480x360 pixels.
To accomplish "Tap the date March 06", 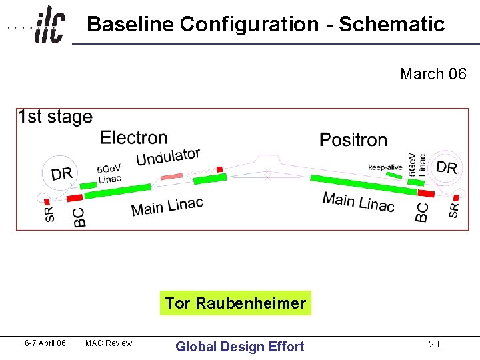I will pyautogui.click(x=433, y=74).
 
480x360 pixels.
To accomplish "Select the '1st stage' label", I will pyautogui.click(x=55, y=117).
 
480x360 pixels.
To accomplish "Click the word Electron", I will pyautogui.click(x=133, y=138).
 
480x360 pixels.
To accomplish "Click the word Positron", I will pyautogui.click(x=353, y=140).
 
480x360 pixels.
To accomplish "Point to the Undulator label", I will pyautogui.click(x=168, y=157).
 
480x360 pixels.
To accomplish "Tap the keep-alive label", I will pyautogui.click(x=385, y=167).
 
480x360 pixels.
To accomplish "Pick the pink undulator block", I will pyautogui.click(x=171, y=178).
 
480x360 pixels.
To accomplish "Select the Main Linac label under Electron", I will pyautogui.click(x=167, y=207).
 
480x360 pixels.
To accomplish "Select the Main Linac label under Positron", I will pyautogui.click(x=358, y=201).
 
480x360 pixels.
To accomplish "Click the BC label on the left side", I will pyautogui.click(x=79, y=217).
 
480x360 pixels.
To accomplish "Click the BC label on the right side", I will pyautogui.click(x=422, y=213).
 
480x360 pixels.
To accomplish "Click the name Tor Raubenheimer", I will pyautogui.click(x=235, y=304).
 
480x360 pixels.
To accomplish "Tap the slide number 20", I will pyautogui.click(x=434, y=344).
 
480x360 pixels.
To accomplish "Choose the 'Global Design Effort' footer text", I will pyautogui.click(x=239, y=346).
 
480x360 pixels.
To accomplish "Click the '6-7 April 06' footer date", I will pyautogui.click(x=45, y=343).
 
